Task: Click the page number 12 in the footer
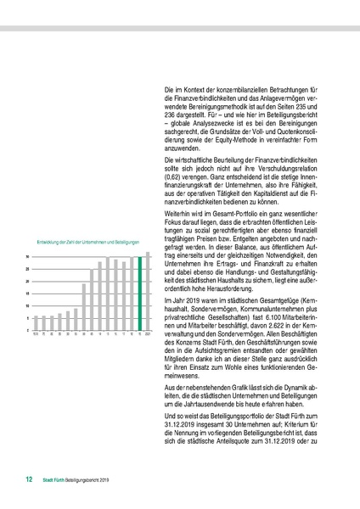(28, 479)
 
